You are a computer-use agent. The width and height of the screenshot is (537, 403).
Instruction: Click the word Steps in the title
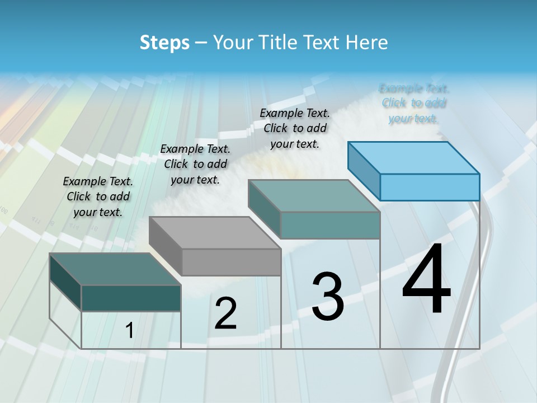164,43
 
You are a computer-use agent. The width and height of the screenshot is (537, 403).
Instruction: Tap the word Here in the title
368,43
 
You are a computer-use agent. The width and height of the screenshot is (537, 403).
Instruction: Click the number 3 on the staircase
327,296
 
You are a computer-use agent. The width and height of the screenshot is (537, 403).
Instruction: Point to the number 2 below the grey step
225,313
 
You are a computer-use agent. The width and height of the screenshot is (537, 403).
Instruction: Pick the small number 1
129,331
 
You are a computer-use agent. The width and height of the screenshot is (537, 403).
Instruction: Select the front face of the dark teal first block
131,298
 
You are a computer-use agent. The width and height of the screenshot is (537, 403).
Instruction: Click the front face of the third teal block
330,225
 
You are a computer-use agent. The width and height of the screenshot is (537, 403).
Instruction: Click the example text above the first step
98,196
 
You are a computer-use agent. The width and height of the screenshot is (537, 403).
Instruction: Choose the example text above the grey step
195,164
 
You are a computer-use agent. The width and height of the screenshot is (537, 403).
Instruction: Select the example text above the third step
295,128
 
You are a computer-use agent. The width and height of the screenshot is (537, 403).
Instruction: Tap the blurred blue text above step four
413,103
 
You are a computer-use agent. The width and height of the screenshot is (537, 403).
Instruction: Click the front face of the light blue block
430,187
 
